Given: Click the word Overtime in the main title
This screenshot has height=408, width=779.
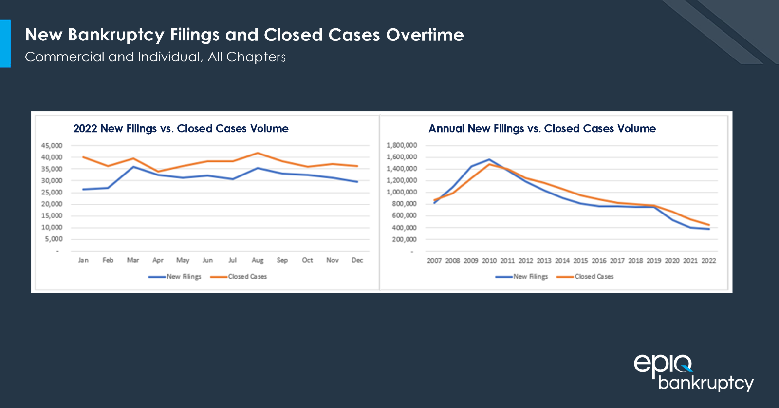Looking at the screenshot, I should coord(425,35).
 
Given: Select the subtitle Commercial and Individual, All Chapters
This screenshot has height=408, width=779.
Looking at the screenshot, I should coord(155,57).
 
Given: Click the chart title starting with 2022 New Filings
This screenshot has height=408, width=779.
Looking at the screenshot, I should coord(181,129).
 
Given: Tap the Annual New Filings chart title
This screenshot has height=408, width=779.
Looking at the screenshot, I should coord(542,129).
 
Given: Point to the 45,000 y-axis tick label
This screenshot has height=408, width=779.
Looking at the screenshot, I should coord(52,146).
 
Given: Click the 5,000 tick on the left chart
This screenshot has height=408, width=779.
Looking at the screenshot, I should coord(54,239).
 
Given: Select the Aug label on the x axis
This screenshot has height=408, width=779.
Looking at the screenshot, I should coord(258,260).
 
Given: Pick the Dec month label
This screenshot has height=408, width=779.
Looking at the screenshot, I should coord(357,260).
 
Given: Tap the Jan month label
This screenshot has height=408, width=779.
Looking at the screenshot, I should coord(83,260).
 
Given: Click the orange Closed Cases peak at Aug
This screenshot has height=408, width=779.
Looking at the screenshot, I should coord(258,153).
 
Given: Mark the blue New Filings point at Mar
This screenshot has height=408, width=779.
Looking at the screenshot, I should coord(133,167).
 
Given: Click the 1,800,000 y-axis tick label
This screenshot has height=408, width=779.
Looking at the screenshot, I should coord(401,145).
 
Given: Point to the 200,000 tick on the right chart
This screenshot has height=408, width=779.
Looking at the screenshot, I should coord(404,239).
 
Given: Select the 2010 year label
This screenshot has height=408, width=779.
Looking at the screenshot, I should coord(489,261).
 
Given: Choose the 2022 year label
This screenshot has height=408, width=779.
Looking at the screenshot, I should coord(708,261).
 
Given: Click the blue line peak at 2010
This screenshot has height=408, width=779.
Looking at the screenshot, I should coord(489,159).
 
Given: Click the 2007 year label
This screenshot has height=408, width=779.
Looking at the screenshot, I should coord(434,261).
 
